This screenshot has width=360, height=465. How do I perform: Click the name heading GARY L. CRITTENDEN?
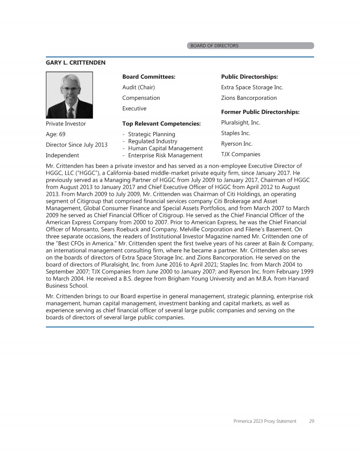click(75, 62)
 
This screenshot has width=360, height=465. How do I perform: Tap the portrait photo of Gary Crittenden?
click(69, 95)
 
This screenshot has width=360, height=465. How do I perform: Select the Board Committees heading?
click(149, 76)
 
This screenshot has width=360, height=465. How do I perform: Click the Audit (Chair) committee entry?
click(138, 87)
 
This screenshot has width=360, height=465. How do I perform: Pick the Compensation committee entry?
click(141, 98)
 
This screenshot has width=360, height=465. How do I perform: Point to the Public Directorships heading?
click(249, 76)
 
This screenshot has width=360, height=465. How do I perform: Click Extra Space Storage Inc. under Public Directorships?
click(252, 87)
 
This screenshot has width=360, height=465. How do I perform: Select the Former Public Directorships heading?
click(260, 112)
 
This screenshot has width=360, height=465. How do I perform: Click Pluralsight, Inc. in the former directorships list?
click(240, 123)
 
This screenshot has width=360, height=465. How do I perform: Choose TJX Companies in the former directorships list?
click(240, 154)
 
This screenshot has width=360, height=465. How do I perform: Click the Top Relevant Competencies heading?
click(161, 124)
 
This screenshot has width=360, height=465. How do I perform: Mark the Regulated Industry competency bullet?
click(152, 141)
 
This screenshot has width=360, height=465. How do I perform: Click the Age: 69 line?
click(55, 134)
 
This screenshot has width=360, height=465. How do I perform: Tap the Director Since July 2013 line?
click(76, 145)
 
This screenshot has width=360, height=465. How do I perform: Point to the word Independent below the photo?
click(62, 155)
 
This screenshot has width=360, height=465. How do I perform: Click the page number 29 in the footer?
click(312, 421)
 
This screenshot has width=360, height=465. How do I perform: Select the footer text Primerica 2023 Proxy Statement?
click(265, 421)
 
